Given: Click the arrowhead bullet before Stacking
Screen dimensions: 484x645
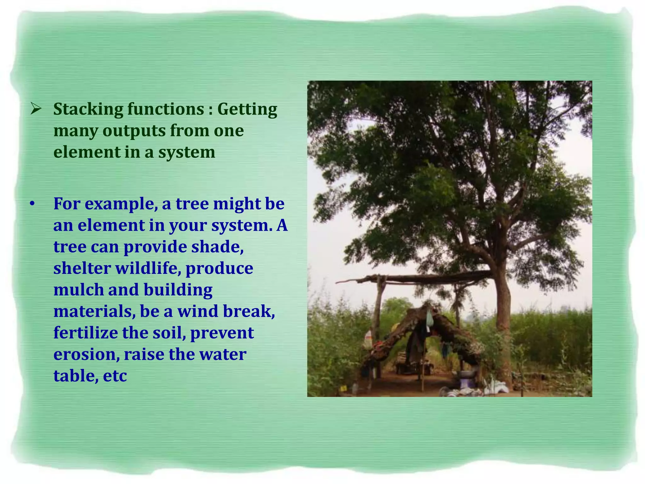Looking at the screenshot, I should tap(36, 109).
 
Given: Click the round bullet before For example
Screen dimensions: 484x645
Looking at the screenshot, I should tap(32, 204).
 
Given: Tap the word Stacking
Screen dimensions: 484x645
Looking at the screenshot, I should tap(88, 109).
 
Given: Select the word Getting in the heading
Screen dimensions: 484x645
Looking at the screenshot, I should tap(247, 109).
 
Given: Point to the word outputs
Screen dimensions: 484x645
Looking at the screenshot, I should tap(134, 131).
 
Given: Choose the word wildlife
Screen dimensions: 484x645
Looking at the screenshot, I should tap(148, 268).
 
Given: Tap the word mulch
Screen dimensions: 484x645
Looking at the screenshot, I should tap(78, 290).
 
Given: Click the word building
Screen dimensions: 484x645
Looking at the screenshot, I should tap(178, 290).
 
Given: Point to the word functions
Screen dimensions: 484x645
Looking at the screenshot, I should tap(166, 109).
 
